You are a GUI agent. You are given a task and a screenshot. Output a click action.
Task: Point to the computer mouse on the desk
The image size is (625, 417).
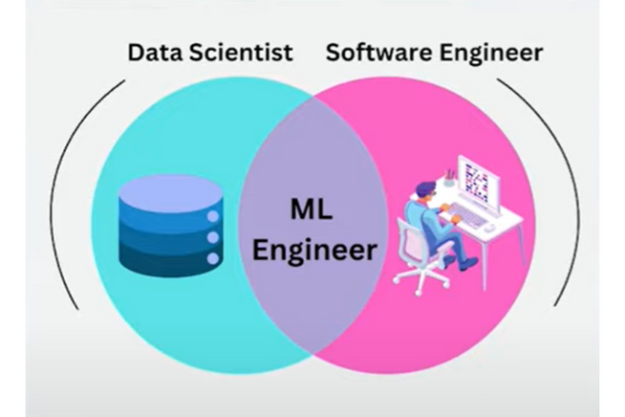489,229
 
